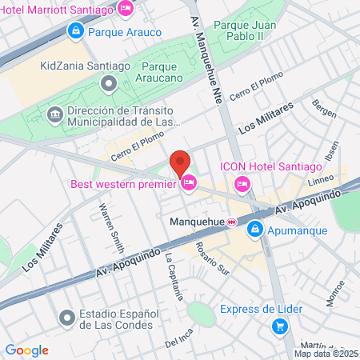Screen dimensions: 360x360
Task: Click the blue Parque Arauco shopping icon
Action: pos(75,32)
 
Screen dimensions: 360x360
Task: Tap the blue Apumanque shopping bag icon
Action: pos(254,229)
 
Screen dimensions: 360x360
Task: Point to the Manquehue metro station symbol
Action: pos(230,222)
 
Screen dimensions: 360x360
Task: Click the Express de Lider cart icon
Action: pos(279,326)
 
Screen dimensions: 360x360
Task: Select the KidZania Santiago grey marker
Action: pos(108,82)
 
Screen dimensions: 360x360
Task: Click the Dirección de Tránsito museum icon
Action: pos(55,113)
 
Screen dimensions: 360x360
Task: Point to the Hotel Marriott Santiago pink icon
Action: pos(125,8)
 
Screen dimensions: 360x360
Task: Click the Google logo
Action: pos(26,350)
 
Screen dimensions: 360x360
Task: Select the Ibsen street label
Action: pos(330,155)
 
